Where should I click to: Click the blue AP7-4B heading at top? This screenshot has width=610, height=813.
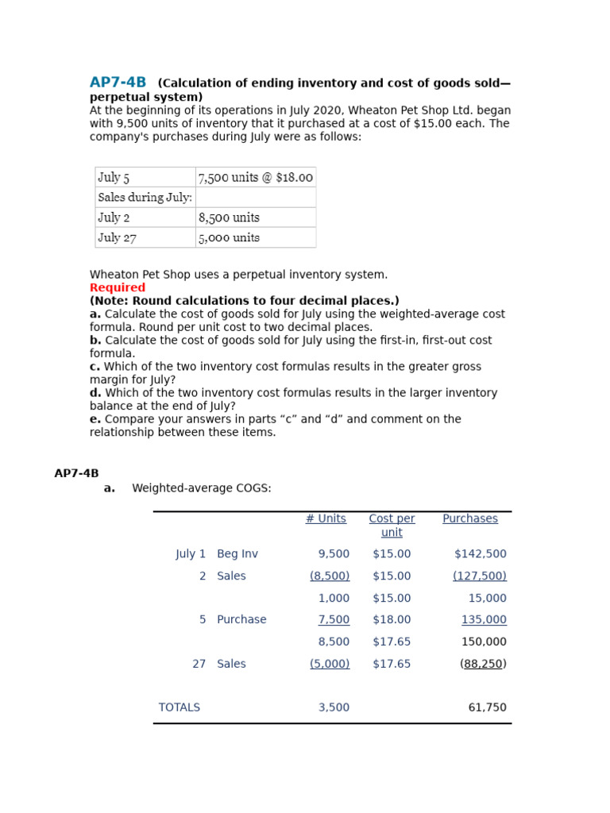118,83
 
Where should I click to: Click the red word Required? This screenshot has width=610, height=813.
118,287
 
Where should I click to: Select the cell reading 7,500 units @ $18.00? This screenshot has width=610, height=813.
255,177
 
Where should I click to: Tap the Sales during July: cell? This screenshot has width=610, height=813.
145,197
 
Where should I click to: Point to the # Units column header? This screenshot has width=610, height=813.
326,518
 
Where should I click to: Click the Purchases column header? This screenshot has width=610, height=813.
470,518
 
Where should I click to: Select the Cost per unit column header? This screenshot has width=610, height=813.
392,525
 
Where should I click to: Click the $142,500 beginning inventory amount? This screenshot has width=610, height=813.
480,554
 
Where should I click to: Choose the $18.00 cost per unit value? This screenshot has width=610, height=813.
392,619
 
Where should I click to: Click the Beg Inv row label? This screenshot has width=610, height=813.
237,554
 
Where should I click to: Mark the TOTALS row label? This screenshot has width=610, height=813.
180,707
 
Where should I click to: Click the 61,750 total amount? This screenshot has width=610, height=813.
487,707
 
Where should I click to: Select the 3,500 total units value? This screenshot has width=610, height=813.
334,707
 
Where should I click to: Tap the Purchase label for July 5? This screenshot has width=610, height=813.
241,619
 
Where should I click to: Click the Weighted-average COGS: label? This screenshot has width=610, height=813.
202,488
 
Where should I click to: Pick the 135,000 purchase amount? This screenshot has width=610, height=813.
484,619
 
